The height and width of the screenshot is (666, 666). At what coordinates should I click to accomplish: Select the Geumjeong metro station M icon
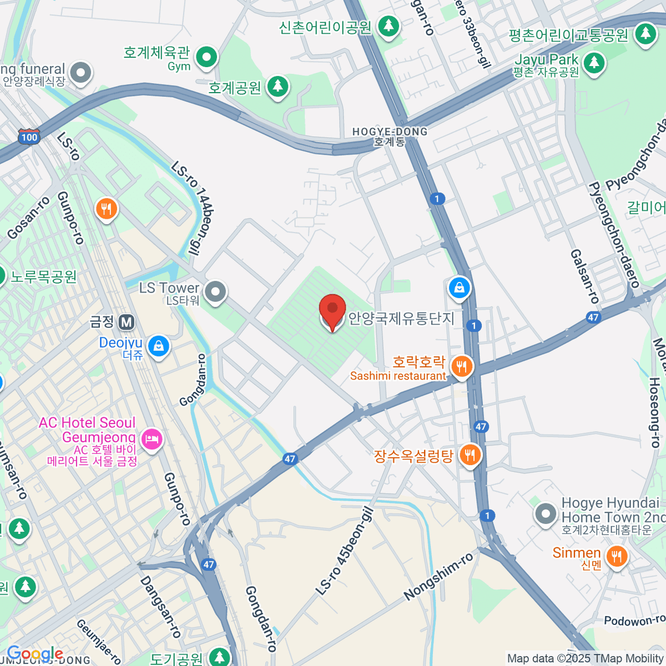[127, 322]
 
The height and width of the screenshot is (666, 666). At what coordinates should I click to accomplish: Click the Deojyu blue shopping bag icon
[159, 346]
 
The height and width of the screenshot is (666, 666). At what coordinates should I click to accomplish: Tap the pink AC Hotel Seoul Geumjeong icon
[151, 440]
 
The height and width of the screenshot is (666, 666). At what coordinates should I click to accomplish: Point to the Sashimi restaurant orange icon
[461, 366]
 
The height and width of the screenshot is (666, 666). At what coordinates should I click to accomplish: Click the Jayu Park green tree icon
[594, 62]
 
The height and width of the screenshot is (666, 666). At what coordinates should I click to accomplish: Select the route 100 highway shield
[29, 137]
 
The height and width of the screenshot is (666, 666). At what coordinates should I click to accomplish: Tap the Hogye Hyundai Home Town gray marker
[546, 514]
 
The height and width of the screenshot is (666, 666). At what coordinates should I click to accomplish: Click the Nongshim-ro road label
[438, 577]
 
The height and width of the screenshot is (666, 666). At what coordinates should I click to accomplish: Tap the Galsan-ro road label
[584, 276]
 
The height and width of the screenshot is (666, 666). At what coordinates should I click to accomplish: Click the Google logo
[34, 654]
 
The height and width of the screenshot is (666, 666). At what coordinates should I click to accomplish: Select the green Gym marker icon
[206, 57]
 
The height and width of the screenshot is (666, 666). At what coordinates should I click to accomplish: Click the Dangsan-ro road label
[160, 606]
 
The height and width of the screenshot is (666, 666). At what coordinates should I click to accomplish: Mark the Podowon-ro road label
[634, 620]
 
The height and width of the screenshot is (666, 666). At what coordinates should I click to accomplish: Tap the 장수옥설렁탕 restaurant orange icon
[470, 455]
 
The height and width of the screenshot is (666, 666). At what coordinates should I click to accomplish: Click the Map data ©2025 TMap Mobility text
[586, 658]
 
